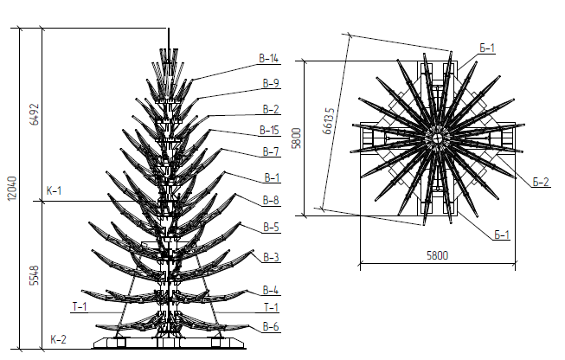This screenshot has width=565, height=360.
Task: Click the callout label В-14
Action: [x=269, y=58]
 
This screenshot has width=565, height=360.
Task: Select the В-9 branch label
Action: [x=271, y=83]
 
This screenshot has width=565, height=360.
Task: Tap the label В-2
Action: [x=271, y=109]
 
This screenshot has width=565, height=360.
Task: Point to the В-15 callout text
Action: [x=270, y=130]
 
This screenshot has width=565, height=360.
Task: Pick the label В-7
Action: [x=271, y=151]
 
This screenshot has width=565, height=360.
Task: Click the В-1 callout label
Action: [x=272, y=177]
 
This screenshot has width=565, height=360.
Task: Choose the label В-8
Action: [x=271, y=201]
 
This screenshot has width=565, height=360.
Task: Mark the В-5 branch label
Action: [x=272, y=228]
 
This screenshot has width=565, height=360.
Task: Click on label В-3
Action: [x=272, y=257]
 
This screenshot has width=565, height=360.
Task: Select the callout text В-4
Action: [x=271, y=290]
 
